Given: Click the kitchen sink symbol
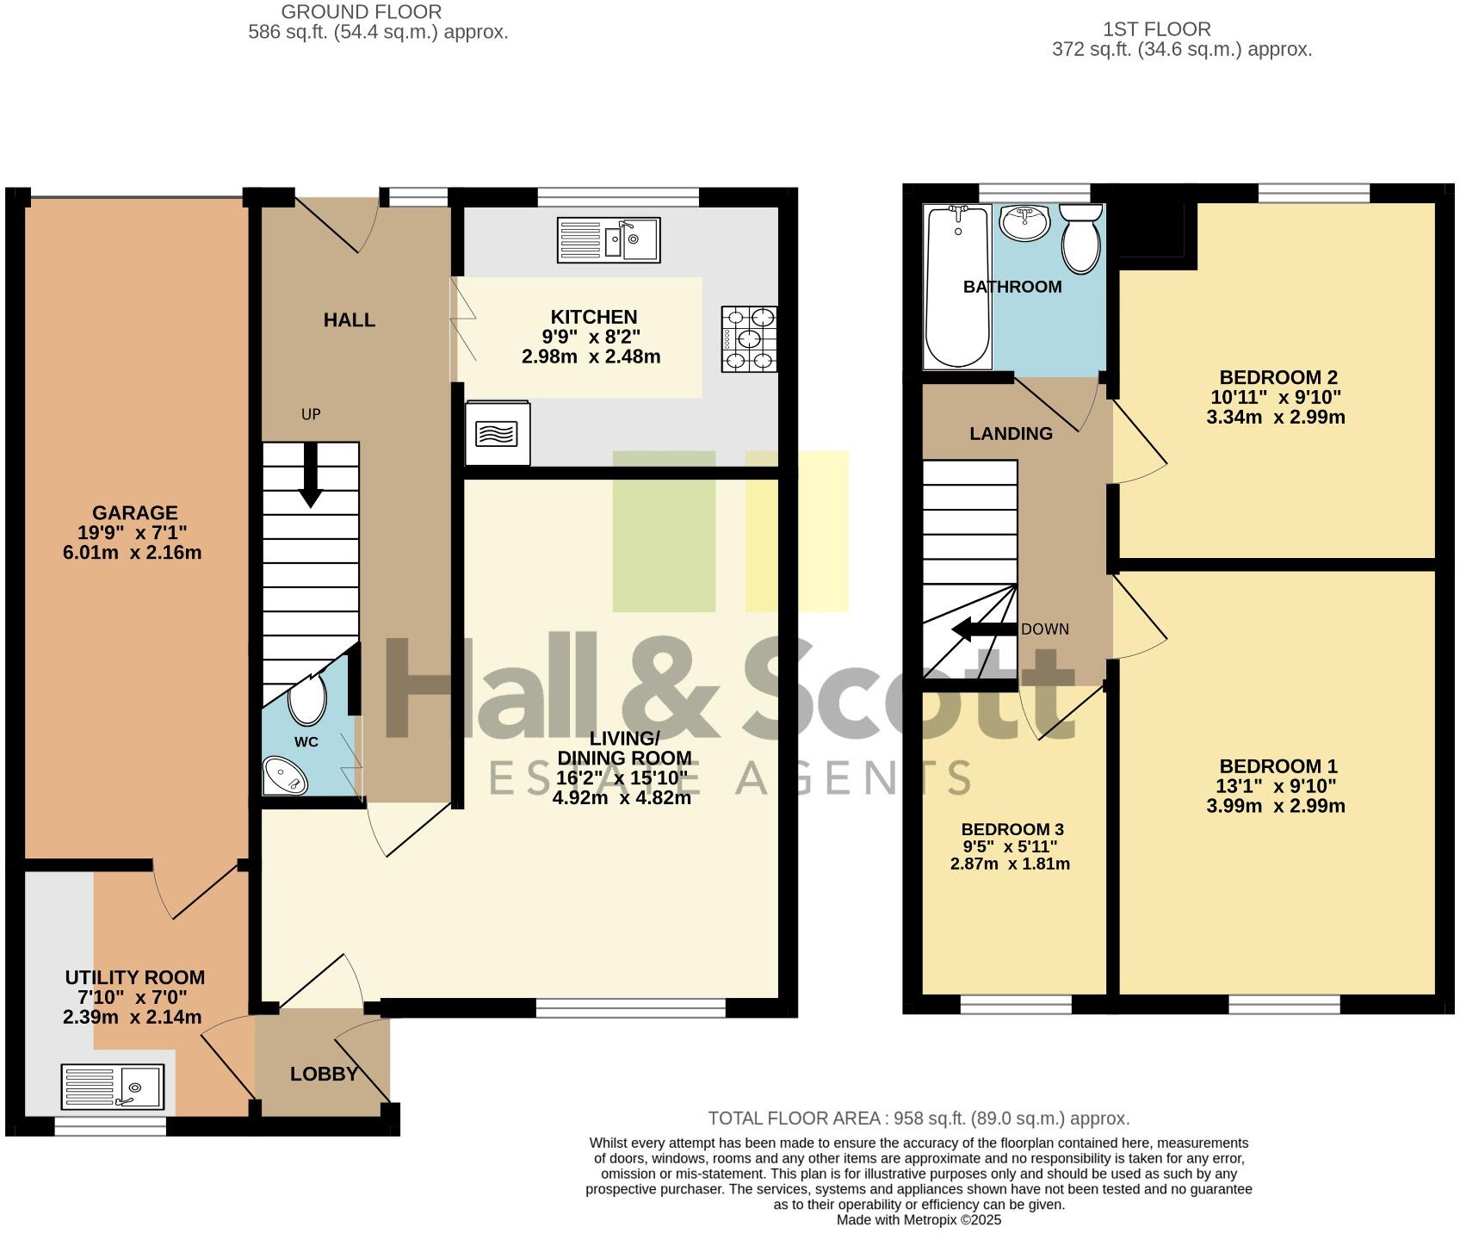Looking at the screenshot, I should point(609,239).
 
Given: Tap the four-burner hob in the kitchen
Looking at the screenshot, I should point(749,339).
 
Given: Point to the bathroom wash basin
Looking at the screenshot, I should point(1024,222).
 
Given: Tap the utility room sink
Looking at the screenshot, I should point(112,1087).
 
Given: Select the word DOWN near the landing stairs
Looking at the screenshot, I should point(1045,629).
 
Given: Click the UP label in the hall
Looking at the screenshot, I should point(311,414).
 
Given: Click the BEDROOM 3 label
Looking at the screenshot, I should point(1012,829).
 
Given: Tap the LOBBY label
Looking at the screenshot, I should point(324,1074).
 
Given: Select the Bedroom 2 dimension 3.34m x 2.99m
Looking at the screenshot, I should point(1276,418).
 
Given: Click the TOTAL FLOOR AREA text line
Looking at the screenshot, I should point(919,1118).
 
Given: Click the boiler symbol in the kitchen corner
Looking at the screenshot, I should point(497,433).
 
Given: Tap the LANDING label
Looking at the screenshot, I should point(1011,433).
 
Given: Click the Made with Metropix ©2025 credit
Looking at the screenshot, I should point(919,1220).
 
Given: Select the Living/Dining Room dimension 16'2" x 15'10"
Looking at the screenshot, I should point(622,778).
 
